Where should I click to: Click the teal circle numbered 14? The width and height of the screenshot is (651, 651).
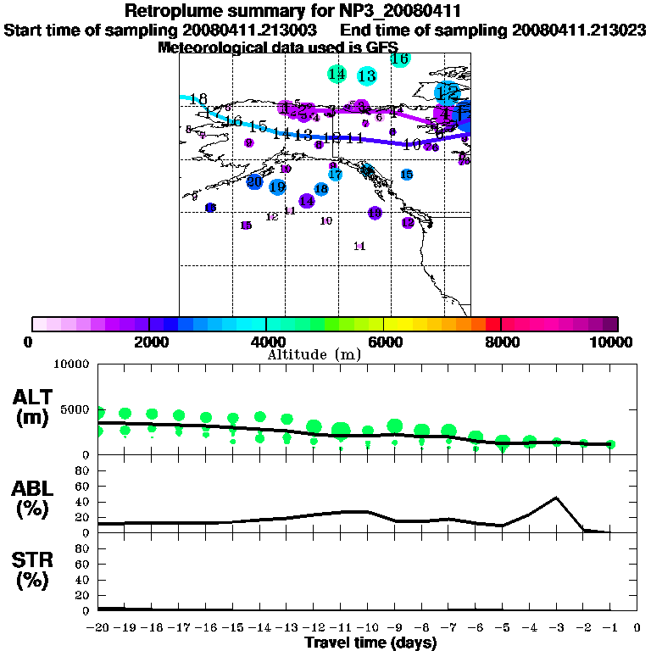pos(337,74)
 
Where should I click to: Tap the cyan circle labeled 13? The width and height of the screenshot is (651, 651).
pos(367,76)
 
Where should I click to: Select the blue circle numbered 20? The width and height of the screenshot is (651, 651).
pos(254,181)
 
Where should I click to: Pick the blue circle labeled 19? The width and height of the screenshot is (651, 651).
pos(277,187)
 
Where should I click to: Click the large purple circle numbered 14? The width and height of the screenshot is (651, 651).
pos(307,201)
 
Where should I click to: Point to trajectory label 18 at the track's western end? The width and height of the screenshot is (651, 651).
pos(199,99)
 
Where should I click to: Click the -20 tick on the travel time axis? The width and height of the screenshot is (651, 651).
pos(98,627)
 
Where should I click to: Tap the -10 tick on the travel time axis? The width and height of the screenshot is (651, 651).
pos(368,627)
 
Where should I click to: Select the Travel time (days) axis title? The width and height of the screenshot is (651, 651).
pos(370,643)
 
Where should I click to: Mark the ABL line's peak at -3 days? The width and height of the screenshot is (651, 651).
pos(556,498)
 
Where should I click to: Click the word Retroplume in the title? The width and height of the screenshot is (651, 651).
pos(170,12)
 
